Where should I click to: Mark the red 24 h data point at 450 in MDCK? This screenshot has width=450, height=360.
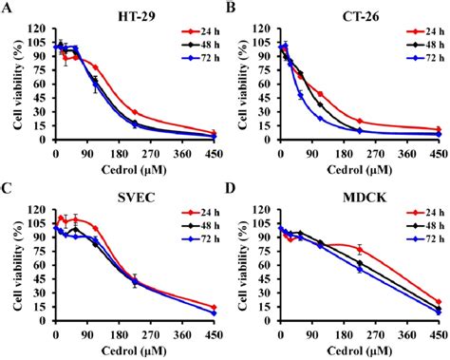pyautogui.click(x=439, y=301)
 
